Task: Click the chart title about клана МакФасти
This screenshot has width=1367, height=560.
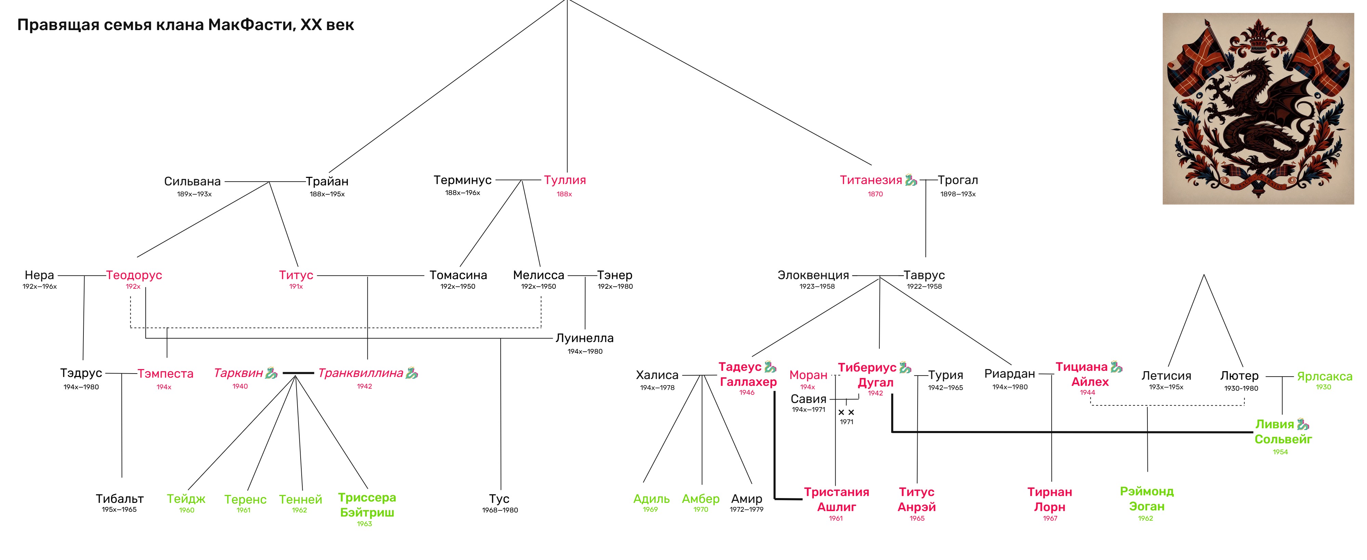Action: (x=185, y=25)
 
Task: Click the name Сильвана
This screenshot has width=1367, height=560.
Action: (x=192, y=182)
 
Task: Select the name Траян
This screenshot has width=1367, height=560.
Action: (x=327, y=182)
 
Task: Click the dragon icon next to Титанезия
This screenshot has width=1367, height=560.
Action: (x=911, y=180)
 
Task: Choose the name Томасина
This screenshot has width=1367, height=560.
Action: (x=458, y=275)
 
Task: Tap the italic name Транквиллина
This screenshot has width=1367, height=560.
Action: (x=361, y=373)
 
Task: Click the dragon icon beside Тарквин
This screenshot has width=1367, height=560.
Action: (x=271, y=373)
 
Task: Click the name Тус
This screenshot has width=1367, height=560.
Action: (x=499, y=499)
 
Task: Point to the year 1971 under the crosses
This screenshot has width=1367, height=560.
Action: (x=846, y=422)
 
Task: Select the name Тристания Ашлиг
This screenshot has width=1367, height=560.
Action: (x=836, y=499)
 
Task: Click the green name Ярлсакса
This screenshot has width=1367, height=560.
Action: (x=1325, y=376)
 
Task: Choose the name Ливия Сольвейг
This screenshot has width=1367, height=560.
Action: (x=1283, y=431)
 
